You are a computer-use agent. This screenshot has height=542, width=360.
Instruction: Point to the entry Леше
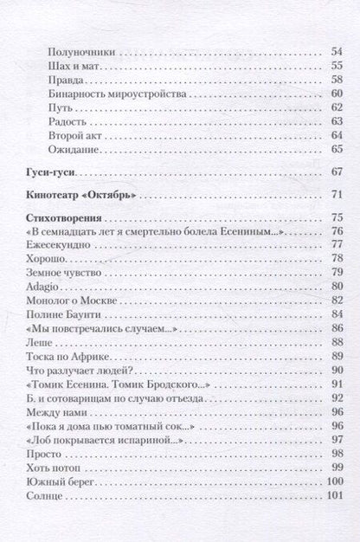tap(39, 342)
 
